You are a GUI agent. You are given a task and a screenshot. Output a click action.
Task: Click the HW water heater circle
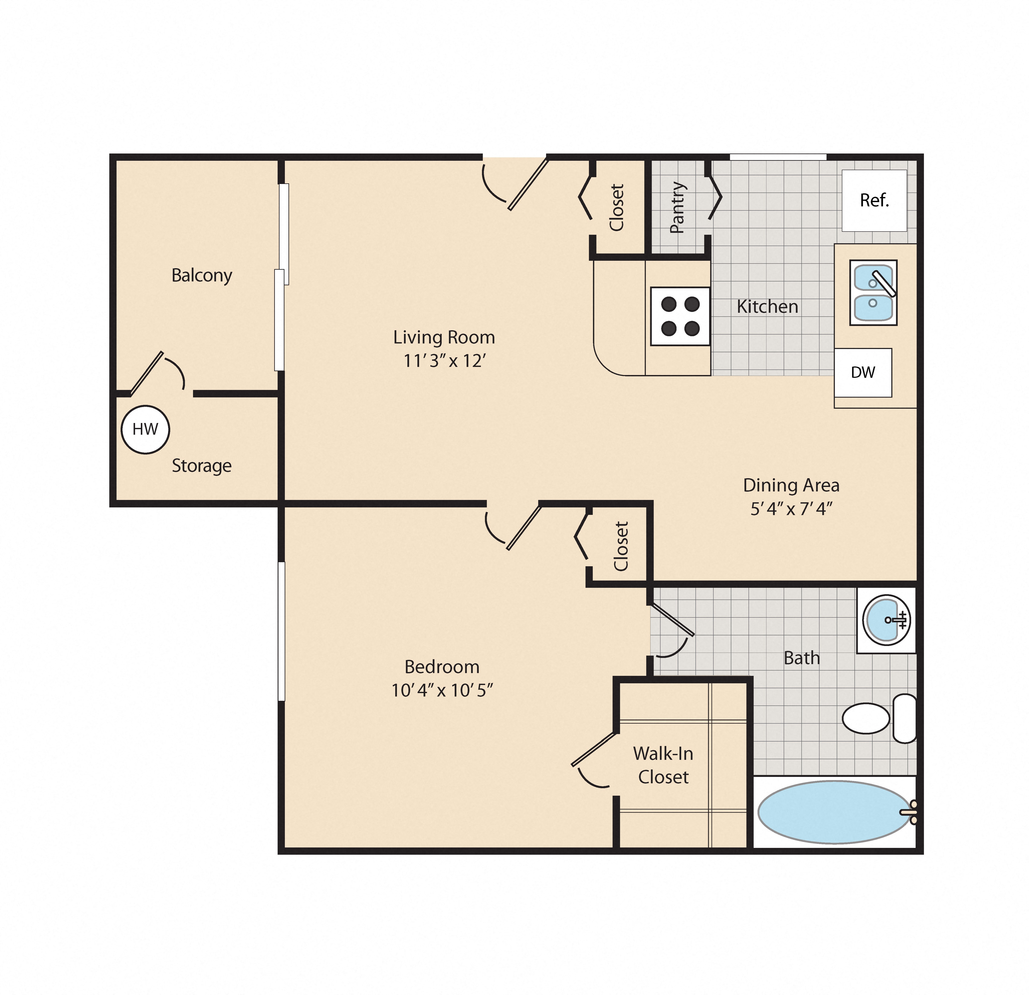coord(146,429)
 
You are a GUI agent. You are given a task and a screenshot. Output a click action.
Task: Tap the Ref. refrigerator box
coord(874,200)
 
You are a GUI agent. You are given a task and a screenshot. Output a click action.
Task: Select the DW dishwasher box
coord(863,372)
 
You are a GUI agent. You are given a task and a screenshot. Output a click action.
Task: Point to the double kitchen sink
coord(873,293)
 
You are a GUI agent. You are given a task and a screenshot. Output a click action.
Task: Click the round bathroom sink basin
coord(886,620)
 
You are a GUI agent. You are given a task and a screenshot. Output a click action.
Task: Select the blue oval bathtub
coord(834,812)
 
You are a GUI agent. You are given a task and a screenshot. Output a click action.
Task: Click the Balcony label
coord(202,275)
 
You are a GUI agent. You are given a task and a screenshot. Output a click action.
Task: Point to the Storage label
coord(202,465)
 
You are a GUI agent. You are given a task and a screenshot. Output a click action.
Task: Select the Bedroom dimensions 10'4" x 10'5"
coord(442,690)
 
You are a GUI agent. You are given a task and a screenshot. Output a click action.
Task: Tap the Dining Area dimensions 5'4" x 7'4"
coord(791,508)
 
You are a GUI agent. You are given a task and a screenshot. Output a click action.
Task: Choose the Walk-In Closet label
coord(663,765)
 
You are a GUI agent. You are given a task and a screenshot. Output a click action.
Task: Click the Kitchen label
coord(767,306)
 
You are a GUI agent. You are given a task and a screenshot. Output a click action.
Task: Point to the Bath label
coord(802,658)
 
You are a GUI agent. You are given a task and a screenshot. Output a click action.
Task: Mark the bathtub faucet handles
coord(912,812)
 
